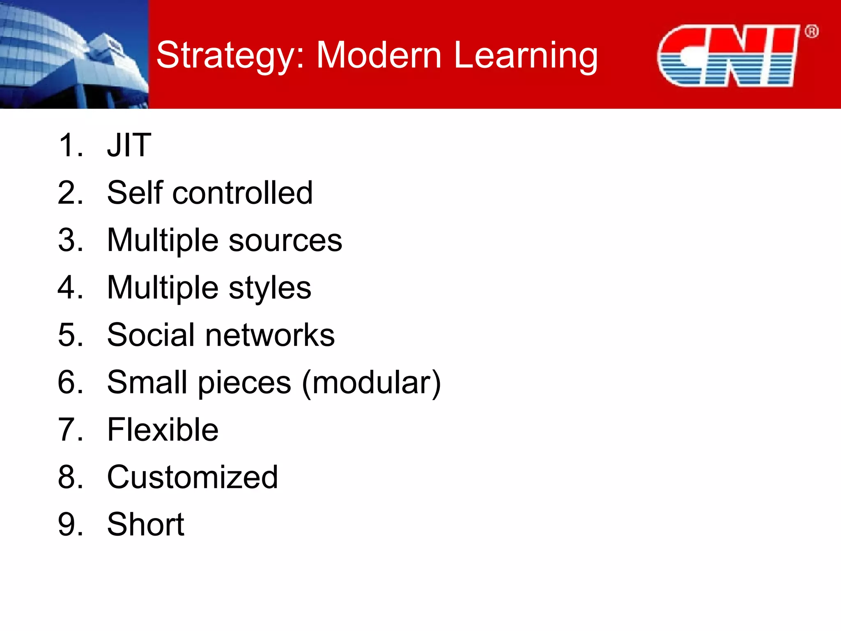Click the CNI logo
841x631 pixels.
coord(727,56)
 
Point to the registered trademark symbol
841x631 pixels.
coord(811,32)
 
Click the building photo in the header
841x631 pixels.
coord(74,54)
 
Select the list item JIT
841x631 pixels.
coord(129,145)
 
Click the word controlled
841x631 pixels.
coord(242,193)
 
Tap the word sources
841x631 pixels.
coord(285,240)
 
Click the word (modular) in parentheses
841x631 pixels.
coord(371,382)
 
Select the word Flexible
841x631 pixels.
coord(163,430)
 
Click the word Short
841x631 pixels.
coord(145,525)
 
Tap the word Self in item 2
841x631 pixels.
coord(135,193)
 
